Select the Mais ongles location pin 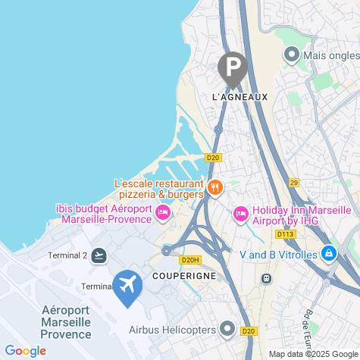pos(291,55)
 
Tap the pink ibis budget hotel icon pos(161,214)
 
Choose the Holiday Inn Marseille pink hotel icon pos(240,214)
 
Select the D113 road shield pos(286,234)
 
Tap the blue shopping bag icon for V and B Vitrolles pos(328,254)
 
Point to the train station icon pos(266,278)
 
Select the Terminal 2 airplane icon pos(99,255)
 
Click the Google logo pos(24,350)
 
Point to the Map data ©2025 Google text pos(312,354)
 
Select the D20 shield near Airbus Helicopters pos(249,330)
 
